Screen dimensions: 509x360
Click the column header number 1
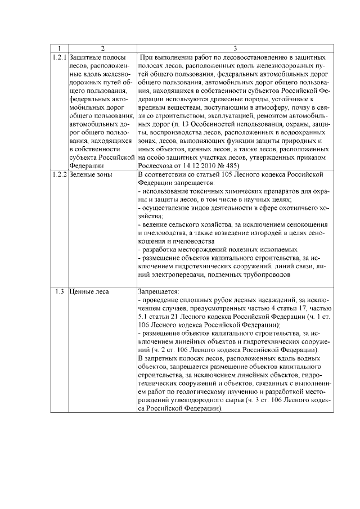tap(58, 49)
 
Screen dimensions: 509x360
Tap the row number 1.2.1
tap(58, 57)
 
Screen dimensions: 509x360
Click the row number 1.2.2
tap(58, 175)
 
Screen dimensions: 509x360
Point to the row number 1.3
tap(58, 292)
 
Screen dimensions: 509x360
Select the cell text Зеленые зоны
tap(91, 175)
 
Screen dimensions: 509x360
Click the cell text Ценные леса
tap(89, 292)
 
